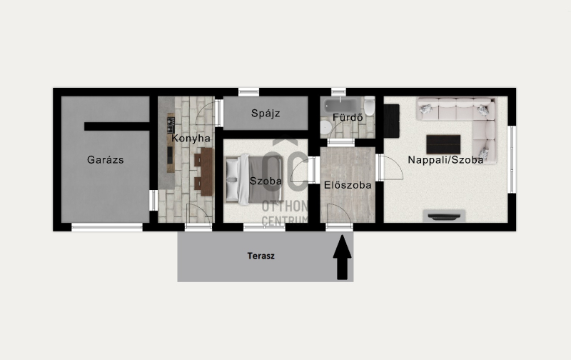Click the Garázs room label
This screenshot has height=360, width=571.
(x=105, y=160)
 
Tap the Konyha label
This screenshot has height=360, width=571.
(x=191, y=139)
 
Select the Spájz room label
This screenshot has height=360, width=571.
(x=266, y=114)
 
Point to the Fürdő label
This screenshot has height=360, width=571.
(x=348, y=117)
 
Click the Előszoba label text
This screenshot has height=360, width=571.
(x=348, y=185)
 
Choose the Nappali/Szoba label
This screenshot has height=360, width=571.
(x=445, y=160)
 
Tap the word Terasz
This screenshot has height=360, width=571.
(x=261, y=256)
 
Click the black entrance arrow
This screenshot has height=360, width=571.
(x=343, y=257)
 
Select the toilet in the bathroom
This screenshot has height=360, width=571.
(x=369, y=106)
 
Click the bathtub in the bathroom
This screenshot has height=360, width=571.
(x=340, y=105)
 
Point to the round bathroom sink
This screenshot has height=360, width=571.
(x=326, y=128)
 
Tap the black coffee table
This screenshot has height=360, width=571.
(x=443, y=144)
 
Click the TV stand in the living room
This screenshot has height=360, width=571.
(x=444, y=216)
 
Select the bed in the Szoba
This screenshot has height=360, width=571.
(x=254, y=179)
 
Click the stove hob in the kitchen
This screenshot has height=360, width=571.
(x=171, y=124)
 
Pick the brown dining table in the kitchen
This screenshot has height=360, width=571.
(x=206, y=171)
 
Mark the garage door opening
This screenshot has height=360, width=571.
(x=107, y=227)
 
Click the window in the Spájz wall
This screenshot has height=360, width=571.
(x=248, y=92)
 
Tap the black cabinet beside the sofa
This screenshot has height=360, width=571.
(x=391, y=121)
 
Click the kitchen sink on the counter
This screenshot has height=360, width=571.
(x=171, y=156)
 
